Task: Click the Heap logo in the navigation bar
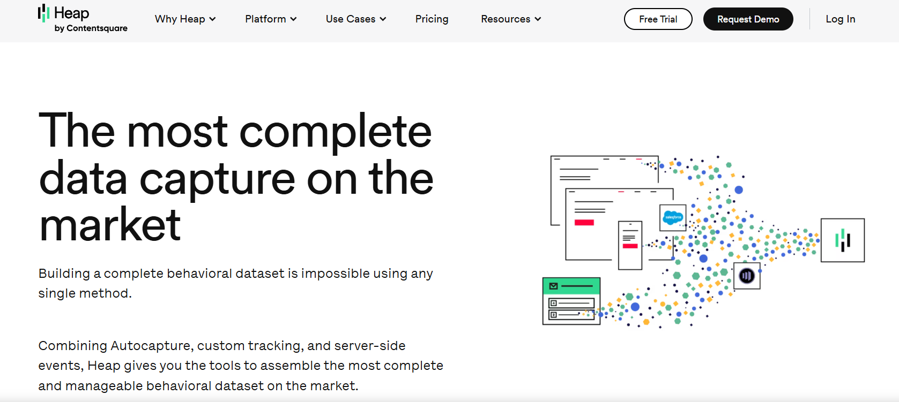83,18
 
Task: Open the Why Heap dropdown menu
185,19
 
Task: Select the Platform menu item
271,19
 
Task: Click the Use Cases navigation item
356,19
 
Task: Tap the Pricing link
432,19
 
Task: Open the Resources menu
511,19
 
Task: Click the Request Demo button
748,19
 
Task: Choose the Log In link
841,19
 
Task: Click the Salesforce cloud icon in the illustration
673,217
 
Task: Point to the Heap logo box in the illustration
842,240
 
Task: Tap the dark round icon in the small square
747,276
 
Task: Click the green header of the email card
571,286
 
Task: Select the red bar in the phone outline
630,246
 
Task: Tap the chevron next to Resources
538,19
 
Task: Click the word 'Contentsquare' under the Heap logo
96,28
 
